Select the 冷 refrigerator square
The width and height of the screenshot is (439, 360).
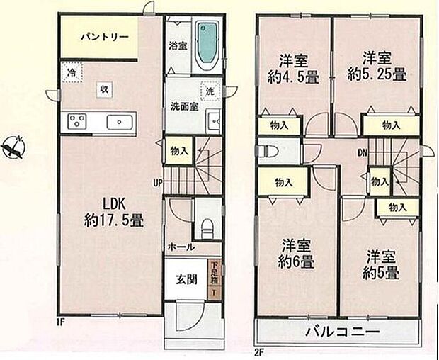[71, 72]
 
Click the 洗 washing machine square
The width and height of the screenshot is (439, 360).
[210, 91]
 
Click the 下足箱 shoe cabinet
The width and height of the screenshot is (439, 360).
[215, 279]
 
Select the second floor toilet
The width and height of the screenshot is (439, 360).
[267, 151]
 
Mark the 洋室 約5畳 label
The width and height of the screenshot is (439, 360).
[378, 264]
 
